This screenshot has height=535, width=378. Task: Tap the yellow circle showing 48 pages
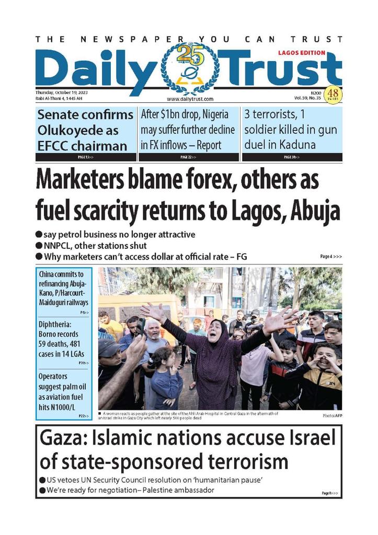pos(333,95)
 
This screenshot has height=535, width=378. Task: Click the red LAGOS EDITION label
pos(301,53)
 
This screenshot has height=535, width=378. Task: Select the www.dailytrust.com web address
pos(190,99)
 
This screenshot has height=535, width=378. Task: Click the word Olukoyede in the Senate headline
pos(65,130)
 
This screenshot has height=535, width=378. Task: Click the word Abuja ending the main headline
pos(316,211)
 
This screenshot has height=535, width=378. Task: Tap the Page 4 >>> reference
pos(331,257)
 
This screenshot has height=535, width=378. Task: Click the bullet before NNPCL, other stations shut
pos(39,246)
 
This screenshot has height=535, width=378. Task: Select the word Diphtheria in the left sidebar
pos(56,324)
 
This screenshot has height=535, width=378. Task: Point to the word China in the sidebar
pos(47,274)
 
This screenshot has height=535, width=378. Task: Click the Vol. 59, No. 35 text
pos(308,98)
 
